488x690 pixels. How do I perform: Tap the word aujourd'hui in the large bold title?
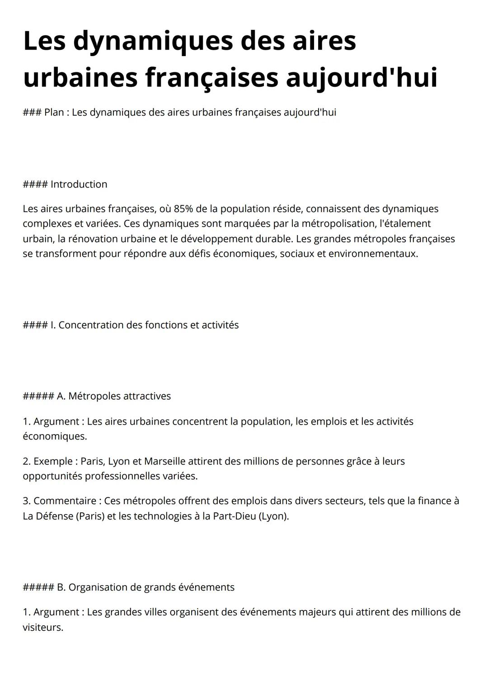(361, 77)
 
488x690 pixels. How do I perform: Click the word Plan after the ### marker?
(54, 112)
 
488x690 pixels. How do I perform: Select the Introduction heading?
(79, 184)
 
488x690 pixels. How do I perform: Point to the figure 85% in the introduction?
(183, 209)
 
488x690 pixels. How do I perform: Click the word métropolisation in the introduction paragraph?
(338, 223)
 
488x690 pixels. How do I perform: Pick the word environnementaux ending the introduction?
(373, 254)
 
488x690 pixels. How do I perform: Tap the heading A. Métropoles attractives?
(113, 396)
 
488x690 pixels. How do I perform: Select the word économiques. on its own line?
(55, 436)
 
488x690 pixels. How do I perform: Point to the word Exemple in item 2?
(53, 461)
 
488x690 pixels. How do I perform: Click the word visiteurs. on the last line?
(43, 628)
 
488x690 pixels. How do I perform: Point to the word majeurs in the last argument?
(317, 612)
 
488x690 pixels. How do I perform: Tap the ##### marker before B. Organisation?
(38, 587)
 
